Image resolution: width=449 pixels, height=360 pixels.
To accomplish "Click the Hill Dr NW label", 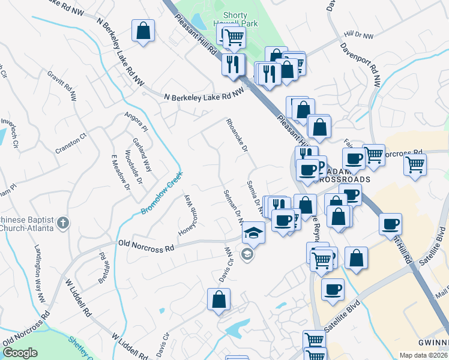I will coord(359,37).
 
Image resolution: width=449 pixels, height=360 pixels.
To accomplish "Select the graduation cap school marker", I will coord(254,232).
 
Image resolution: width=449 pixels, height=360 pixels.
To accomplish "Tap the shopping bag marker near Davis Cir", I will coord(219,298).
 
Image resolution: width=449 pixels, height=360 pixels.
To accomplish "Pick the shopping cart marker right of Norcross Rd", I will coord(415,163).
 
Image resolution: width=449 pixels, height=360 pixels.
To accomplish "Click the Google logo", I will coord(20,353).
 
